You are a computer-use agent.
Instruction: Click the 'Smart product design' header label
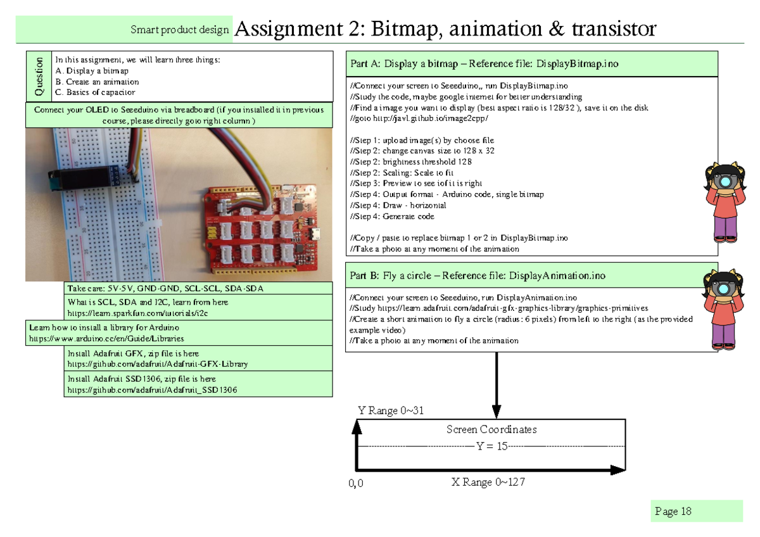click(x=179, y=30)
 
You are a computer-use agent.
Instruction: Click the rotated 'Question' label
click(x=39, y=77)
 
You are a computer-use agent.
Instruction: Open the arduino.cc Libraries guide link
click(x=107, y=339)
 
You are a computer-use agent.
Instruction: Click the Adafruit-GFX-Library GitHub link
click(x=158, y=364)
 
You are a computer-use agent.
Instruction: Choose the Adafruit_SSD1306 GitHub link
click(x=152, y=389)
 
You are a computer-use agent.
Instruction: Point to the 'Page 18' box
click(x=673, y=512)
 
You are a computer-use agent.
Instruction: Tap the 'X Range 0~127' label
click(x=488, y=483)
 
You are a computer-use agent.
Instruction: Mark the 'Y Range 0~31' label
click(x=391, y=410)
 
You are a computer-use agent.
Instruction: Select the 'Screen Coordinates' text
click(x=491, y=429)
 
